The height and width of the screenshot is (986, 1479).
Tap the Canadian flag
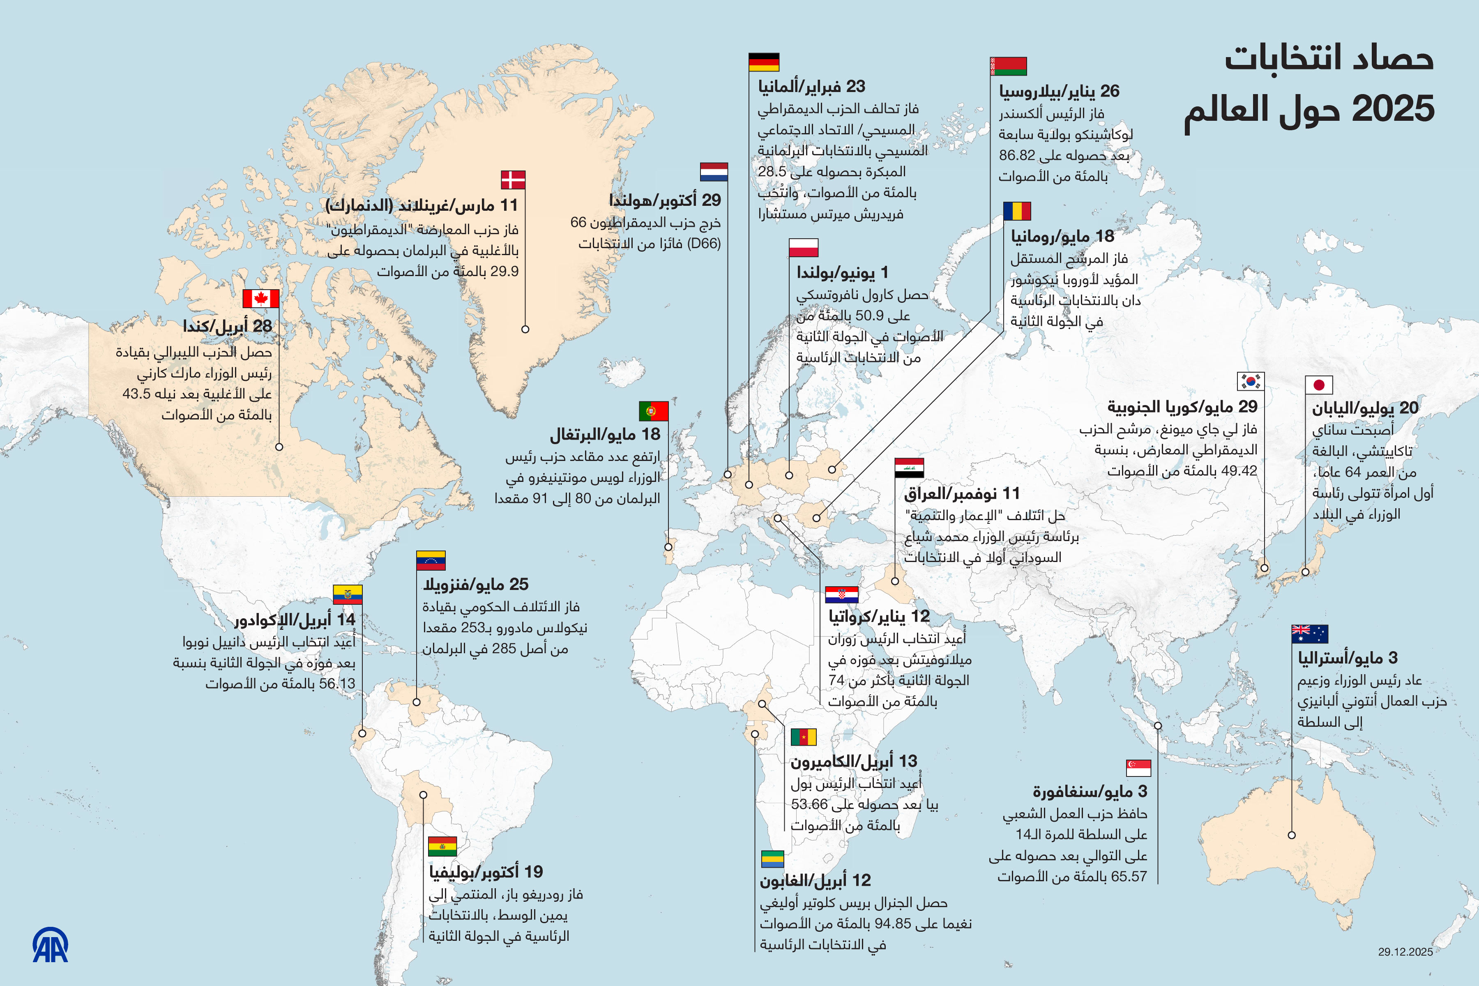[x=261, y=299]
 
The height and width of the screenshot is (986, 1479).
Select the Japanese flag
[x=1319, y=385]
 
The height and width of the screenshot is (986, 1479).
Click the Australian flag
[x=1309, y=634]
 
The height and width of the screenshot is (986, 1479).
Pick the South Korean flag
[x=1250, y=381]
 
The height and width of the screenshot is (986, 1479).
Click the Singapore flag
[x=1138, y=768]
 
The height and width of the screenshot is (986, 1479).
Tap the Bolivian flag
[x=442, y=846]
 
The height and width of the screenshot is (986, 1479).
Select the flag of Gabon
[x=772, y=859]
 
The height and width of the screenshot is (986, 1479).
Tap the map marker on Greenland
[x=525, y=329]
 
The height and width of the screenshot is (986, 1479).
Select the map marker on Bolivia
[x=423, y=795]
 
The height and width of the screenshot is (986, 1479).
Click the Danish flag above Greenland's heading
[x=513, y=180]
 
